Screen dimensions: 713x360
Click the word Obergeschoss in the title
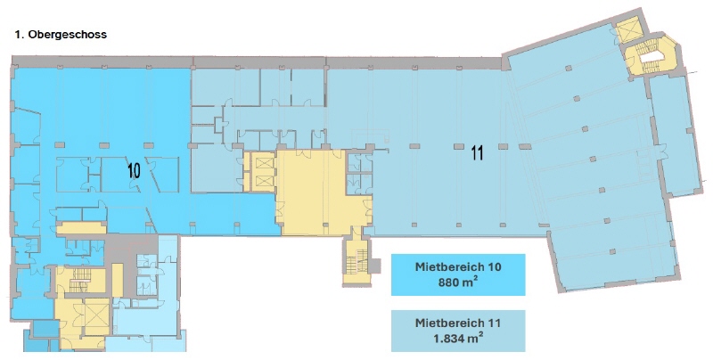(x=68, y=35)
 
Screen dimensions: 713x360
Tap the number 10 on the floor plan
(x=134, y=171)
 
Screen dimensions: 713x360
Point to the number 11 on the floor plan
(x=477, y=153)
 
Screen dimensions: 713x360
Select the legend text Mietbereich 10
(x=458, y=266)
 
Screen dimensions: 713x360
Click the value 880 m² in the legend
(x=458, y=282)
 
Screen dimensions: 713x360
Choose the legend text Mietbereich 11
(x=458, y=323)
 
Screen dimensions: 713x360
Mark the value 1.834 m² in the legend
(x=458, y=339)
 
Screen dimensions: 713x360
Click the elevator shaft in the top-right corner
(x=627, y=31)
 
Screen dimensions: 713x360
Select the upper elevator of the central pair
(x=263, y=164)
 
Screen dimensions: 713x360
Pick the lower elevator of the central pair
(x=263, y=182)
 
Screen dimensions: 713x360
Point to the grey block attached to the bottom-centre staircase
(x=373, y=266)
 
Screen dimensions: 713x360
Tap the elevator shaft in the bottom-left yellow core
(x=95, y=317)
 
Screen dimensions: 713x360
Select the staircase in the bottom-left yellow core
(x=80, y=280)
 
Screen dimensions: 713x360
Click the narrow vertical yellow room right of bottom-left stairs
(x=118, y=281)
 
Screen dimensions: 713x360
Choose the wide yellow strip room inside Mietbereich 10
(x=81, y=228)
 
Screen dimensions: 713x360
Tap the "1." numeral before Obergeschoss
(x=20, y=35)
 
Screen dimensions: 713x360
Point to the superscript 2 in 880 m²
(x=477, y=279)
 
